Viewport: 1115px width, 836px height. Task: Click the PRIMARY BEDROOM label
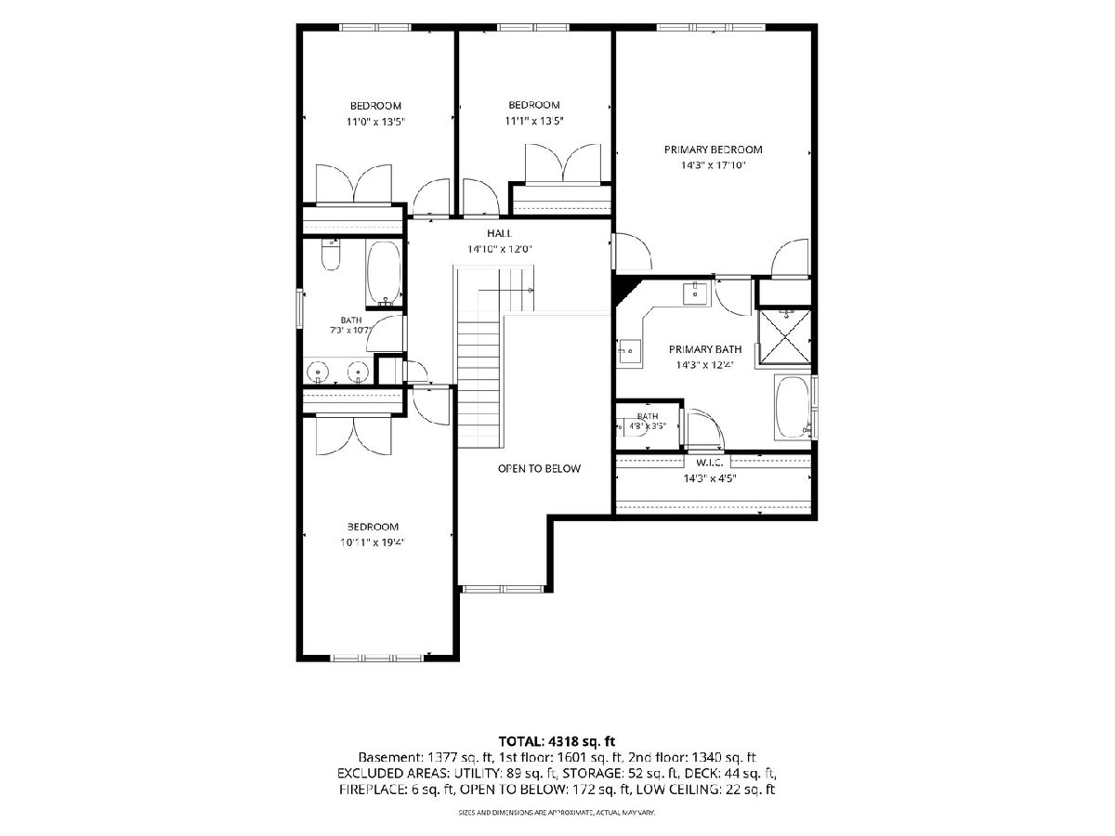point(713,150)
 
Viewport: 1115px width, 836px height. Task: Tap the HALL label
point(499,233)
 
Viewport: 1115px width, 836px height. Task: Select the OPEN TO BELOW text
point(539,468)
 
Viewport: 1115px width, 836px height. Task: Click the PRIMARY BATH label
point(705,349)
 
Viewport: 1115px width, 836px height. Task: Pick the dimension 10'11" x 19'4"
point(372,542)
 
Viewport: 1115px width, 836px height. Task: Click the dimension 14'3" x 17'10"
point(714,165)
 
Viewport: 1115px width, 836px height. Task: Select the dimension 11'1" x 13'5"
point(534,121)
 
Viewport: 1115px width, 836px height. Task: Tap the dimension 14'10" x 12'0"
point(499,249)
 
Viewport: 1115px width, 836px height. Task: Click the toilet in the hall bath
point(331,255)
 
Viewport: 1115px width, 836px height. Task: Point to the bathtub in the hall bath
point(384,274)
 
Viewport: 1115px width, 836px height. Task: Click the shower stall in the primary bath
point(784,337)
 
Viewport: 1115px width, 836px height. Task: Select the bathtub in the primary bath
point(793,407)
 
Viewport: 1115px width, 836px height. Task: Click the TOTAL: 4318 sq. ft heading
point(557,741)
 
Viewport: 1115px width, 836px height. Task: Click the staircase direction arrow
point(506,291)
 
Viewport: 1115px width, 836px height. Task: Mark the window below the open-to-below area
point(503,589)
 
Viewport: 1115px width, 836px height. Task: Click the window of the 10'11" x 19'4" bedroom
point(376,659)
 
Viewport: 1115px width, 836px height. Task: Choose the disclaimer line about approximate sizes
point(557,813)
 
